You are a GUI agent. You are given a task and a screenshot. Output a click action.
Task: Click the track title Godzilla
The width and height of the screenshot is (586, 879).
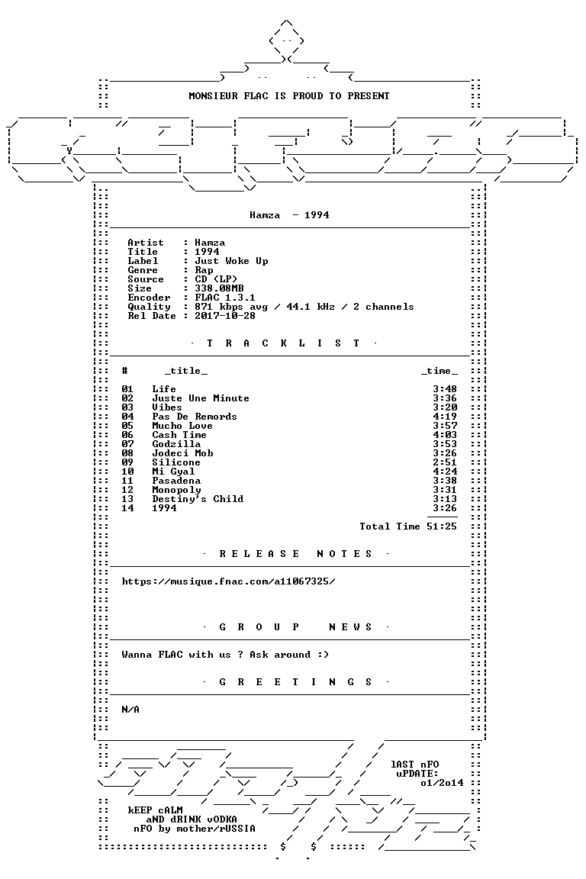176,444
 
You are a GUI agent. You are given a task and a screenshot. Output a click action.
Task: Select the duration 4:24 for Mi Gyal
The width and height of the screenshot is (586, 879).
445,472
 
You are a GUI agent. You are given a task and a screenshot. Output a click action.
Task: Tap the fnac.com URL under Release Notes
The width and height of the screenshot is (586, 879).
228,581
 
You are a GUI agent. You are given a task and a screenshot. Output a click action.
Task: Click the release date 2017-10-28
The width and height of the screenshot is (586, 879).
225,316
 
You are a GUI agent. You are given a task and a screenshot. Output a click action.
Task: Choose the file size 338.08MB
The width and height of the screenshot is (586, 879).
219,288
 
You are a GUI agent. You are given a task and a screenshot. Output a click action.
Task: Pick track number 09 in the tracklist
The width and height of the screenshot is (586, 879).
127,462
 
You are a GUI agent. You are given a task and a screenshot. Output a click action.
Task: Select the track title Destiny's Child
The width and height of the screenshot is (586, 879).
198,499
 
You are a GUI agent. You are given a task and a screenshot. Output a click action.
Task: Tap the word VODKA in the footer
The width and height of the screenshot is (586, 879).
221,819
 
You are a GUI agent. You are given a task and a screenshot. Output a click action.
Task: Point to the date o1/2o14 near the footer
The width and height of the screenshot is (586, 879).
442,783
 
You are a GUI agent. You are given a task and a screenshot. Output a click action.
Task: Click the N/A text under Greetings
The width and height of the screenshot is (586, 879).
130,710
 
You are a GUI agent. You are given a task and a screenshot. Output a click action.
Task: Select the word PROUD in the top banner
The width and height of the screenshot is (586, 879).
307,96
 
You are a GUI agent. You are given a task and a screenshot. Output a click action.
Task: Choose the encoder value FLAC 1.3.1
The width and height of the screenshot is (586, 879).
225,298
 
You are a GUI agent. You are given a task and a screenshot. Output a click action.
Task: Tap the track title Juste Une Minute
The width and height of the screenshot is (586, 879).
201,398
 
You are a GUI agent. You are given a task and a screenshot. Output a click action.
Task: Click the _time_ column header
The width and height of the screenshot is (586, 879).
439,371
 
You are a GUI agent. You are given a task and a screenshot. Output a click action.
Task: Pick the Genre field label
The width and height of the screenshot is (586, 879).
143,270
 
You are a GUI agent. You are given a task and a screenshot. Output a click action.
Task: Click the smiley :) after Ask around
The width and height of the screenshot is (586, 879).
323,655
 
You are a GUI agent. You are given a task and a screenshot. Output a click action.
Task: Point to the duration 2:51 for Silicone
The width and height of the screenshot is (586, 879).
445,462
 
